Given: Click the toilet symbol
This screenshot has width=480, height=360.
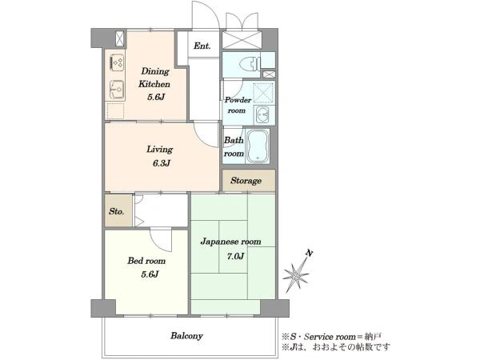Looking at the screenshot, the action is pyautogui.click(x=250, y=65).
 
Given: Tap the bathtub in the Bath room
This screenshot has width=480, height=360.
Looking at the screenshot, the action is pyautogui.click(x=258, y=146).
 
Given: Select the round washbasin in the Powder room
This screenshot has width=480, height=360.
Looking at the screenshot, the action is pyautogui.click(x=262, y=115).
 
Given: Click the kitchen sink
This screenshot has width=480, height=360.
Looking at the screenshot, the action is pyautogui.click(x=117, y=90).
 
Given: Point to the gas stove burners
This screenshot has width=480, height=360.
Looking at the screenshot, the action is pyautogui.click(x=117, y=62).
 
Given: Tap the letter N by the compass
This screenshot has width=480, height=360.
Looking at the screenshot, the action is pyautogui.click(x=310, y=253).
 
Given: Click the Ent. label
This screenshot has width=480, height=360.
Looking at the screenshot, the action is pyautogui.click(x=202, y=46).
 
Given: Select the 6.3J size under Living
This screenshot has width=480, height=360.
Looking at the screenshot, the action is pyautogui.click(x=162, y=163).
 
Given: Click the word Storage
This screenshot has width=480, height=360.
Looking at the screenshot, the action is pyautogui.click(x=246, y=181).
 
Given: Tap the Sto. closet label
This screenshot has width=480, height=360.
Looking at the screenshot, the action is pyautogui.click(x=116, y=211).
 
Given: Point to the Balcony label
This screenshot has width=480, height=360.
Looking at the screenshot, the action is pyautogui.click(x=186, y=336).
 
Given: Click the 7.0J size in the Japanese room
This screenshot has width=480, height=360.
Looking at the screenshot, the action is pyautogui.click(x=235, y=256).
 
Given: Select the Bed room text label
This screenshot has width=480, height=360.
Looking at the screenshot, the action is pyautogui.click(x=146, y=261).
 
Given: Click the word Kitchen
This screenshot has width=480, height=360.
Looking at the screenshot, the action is pyautogui.click(x=154, y=84).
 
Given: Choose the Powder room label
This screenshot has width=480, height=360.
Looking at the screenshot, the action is pyautogui.click(x=238, y=105).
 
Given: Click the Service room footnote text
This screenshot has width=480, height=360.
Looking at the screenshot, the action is pyautogui.click(x=331, y=337).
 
